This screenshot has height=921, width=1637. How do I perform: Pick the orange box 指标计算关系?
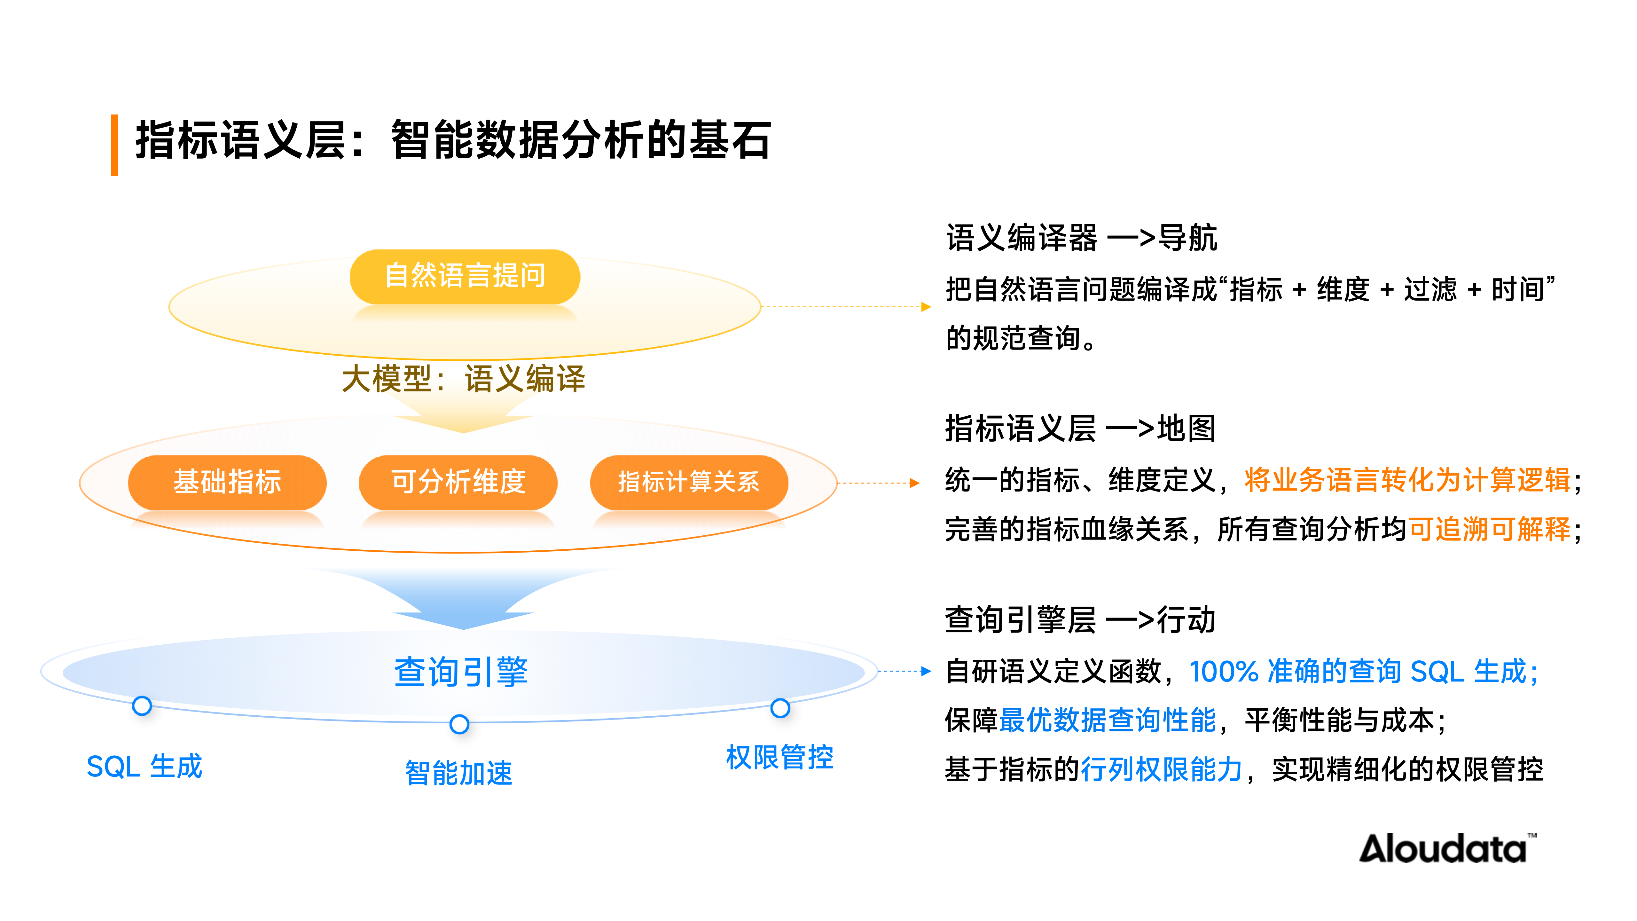coord(689,482)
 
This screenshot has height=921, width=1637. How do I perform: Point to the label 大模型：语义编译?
coord(463,379)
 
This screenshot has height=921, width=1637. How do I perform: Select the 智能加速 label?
coord(459,773)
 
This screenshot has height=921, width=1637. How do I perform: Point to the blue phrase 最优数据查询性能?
coord(1107,720)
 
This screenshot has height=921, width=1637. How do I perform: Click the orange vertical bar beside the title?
coord(114,145)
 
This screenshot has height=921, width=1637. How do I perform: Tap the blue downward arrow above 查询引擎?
coord(463,601)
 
